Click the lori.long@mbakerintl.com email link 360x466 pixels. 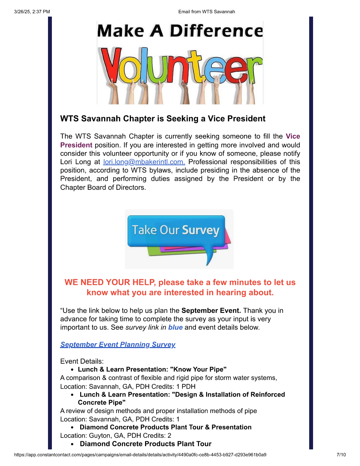[x=144, y=162]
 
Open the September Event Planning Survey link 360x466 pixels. [x=118, y=345]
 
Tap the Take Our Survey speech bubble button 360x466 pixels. [x=176, y=231]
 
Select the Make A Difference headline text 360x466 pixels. [x=180, y=31]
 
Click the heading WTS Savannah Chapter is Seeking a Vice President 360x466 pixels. [x=163, y=119]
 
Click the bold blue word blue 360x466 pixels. [x=175, y=327]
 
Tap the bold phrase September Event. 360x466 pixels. [x=211, y=311]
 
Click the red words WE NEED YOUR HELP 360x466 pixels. [x=110, y=282]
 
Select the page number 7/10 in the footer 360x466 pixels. [x=341, y=455]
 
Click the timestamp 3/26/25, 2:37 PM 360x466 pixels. [x=32, y=12]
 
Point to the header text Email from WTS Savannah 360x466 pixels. [x=206, y=12]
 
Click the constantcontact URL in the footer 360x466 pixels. [x=140, y=455]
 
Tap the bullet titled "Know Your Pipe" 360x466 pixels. [x=152, y=369]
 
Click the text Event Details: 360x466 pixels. [x=82, y=361]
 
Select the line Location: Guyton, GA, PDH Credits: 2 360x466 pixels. [x=116, y=436]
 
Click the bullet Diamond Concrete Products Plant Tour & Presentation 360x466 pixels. [x=166, y=427]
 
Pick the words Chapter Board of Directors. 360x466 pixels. [x=103, y=187]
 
